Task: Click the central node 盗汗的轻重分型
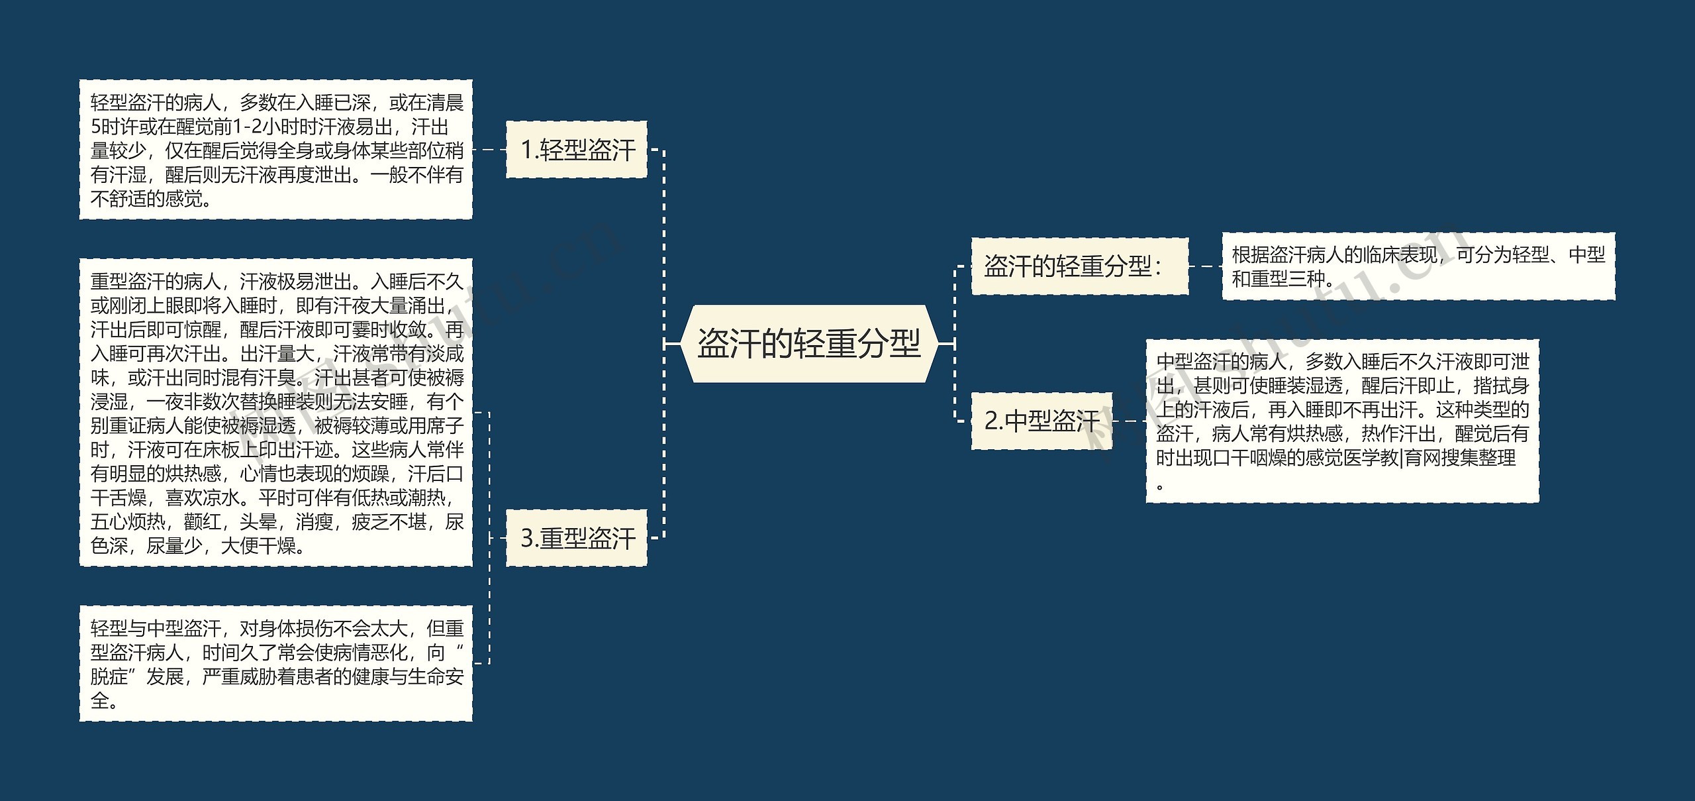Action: tap(808, 344)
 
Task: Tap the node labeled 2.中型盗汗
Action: tap(1041, 421)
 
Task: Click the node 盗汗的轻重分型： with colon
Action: tap(1079, 266)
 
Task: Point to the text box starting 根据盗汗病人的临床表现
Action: tap(1418, 266)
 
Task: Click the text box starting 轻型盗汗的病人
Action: tap(275, 150)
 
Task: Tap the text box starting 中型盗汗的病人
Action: tap(1342, 421)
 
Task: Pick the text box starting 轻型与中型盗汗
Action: tap(275, 663)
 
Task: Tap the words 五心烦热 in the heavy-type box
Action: tap(128, 522)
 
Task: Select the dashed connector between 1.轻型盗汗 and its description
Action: tap(489, 150)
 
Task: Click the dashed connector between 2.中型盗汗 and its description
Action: tap(1129, 421)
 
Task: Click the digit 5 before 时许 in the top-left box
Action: tap(95, 127)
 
